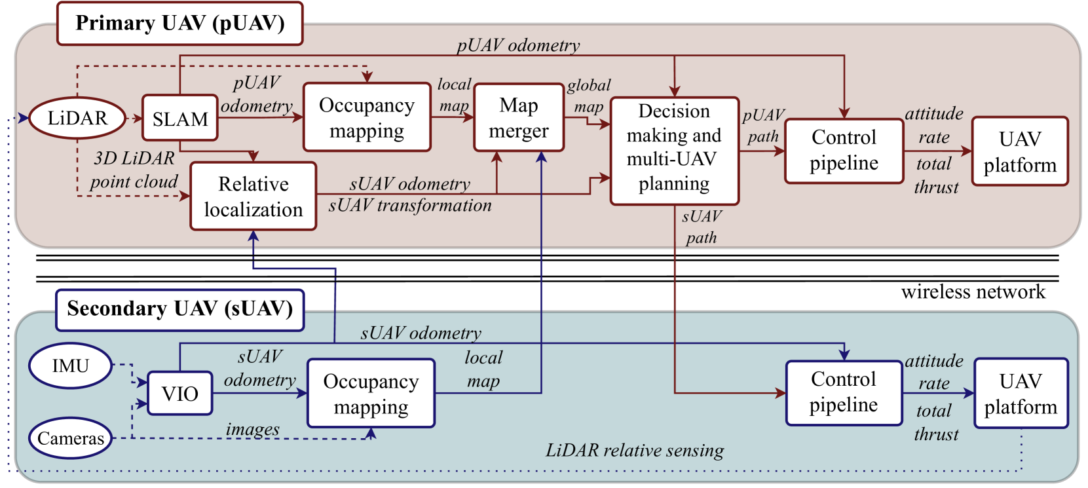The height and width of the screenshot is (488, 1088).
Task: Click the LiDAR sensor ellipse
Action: pyautogui.click(x=77, y=118)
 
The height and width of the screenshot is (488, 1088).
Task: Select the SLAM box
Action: pyautogui.click(x=179, y=118)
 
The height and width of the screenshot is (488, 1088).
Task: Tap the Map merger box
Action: pyautogui.click(x=519, y=117)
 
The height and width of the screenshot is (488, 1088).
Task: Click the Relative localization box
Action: pyautogui.click(x=253, y=196)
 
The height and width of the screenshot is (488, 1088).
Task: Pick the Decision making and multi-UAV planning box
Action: pyautogui.click(x=675, y=151)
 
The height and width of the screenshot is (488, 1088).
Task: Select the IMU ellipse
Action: pyautogui.click(x=71, y=366)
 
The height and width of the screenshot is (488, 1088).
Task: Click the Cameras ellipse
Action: pyautogui.click(x=71, y=438)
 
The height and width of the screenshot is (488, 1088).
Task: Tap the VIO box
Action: pyautogui.click(x=179, y=393)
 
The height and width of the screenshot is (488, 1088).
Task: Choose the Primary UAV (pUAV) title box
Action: pyautogui.click(x=179, y=24)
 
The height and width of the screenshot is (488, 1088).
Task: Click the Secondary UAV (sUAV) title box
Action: pyautogui.click(x=179, y=310)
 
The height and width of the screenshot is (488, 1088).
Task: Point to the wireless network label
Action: pyautogui.click(x=973, y=292)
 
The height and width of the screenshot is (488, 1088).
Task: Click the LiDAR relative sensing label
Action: pyautogui.click(x=635, y=451)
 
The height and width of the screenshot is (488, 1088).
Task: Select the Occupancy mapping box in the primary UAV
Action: pyautogui.click(x=367, y=117)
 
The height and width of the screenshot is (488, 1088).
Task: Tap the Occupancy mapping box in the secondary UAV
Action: pyautogui.click(x=371, y=393)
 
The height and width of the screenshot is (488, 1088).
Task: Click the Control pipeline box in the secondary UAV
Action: pyautogui.click(x=844, y=393)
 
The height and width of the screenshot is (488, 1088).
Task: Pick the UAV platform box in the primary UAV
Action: pyautogui.click(x=1020, y=151)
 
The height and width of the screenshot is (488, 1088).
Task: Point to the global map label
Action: pyautogui.click(x=589, y=96)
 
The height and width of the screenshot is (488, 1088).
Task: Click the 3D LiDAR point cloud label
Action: pyautogui.click(x=134, y=170)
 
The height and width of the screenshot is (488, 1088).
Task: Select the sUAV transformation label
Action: pyautogui.click(x=410, y=206)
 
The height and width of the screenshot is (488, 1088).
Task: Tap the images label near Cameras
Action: pyautogui.click(x=253, y=429)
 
